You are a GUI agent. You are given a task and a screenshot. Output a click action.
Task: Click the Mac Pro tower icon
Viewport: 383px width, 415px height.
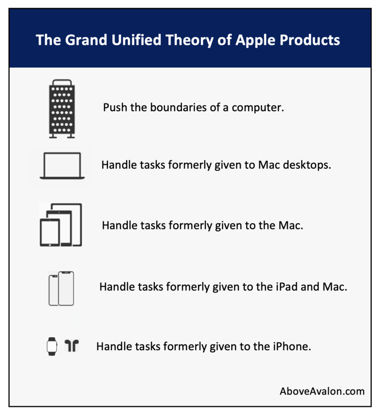62,109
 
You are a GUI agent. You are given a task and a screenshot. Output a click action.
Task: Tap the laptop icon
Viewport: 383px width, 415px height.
62,166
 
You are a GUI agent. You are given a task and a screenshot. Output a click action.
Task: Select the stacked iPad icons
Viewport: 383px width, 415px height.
61,225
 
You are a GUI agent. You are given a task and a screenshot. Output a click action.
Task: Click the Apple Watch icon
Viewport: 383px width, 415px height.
52,347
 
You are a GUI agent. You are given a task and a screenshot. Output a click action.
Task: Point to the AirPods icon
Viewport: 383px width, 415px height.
71,346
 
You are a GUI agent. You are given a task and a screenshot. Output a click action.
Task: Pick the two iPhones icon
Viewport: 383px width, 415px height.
61,289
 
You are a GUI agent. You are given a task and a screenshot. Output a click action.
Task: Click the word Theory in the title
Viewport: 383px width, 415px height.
189,40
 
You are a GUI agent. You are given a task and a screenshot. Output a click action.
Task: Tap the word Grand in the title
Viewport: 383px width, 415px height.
86,40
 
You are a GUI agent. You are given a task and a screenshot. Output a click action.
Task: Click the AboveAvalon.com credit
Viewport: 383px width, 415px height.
322,391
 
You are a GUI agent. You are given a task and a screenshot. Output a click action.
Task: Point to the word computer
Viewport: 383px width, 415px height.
257,108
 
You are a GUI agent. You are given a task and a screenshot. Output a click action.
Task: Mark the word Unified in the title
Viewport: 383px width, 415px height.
136,40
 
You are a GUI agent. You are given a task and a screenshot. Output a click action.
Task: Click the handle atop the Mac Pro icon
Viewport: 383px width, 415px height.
62,82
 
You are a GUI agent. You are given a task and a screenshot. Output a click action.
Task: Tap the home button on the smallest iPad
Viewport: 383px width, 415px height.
50,245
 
